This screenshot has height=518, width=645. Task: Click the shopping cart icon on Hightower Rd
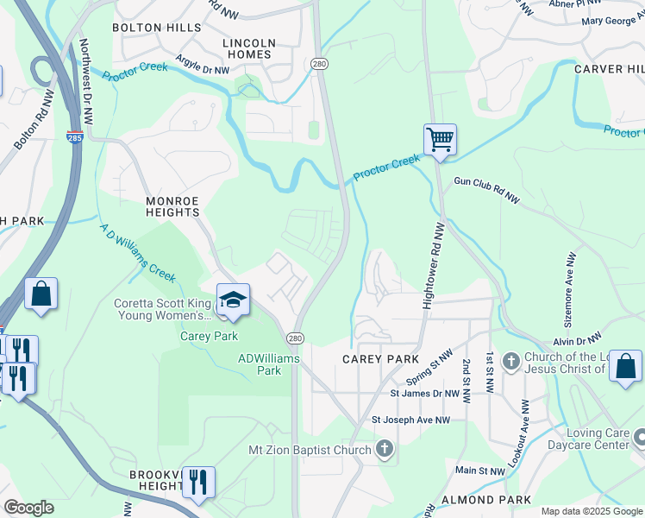pos(440,139)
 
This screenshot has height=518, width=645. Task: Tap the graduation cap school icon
pos(233,299)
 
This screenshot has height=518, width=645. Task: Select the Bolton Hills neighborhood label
pos(156,28)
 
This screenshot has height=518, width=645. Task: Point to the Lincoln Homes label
pos(249,48)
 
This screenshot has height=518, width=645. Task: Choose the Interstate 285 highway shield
pos(75,137)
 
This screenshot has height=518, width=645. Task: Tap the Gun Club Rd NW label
pos(487,189)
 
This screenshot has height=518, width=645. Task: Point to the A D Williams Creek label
pos(138,253)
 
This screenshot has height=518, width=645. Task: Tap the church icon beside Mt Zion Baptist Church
pos(385,448)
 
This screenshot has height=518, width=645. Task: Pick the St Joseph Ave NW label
pos(411,420)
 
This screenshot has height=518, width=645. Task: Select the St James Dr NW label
pos(424,393)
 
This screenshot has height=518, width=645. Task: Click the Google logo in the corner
pos(28,508)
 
